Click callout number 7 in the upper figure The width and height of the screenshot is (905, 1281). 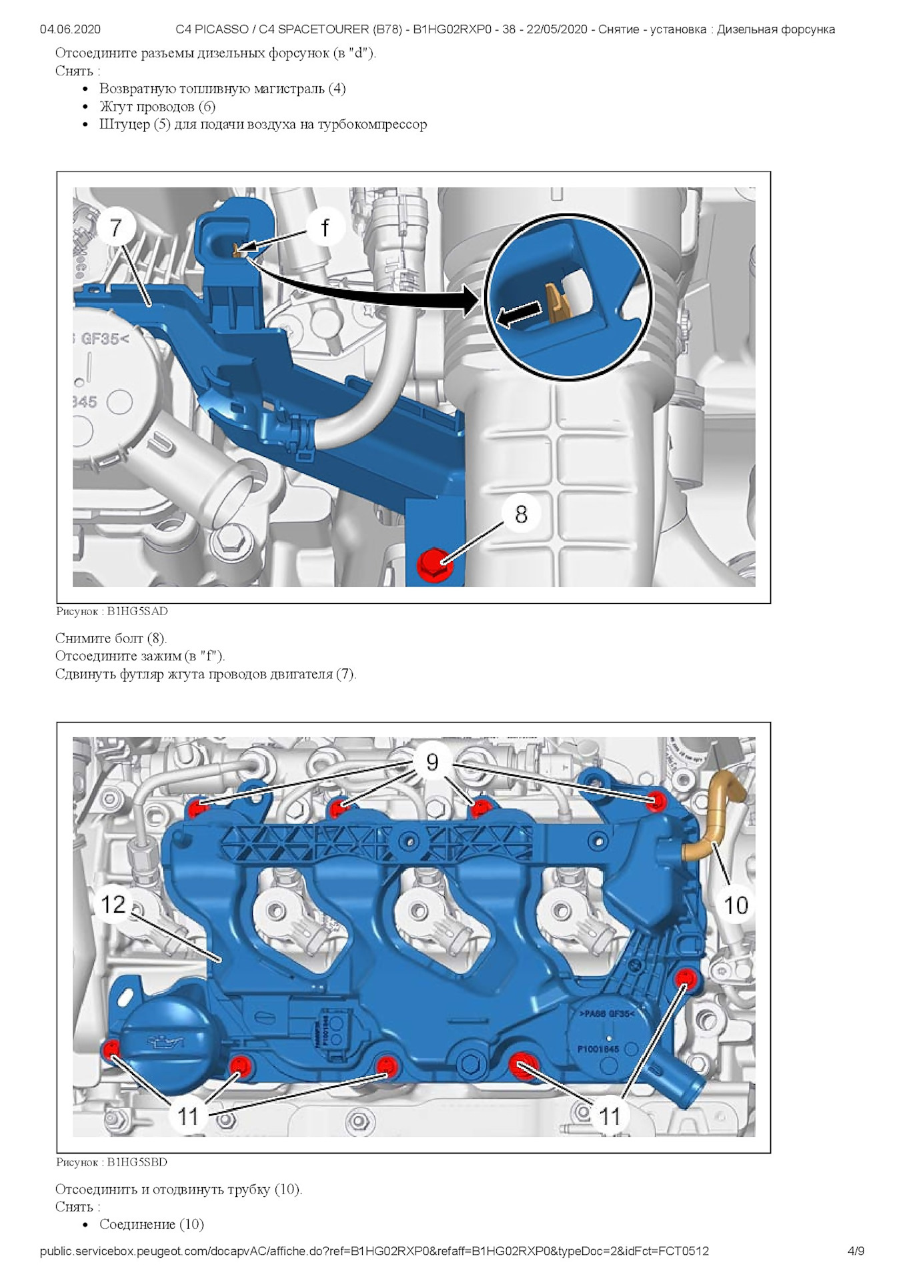click(115, 228)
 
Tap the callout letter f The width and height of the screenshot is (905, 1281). click(325, 228)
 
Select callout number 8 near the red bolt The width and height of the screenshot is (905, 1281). click(521, 514)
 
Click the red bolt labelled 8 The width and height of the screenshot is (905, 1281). click(434, 564)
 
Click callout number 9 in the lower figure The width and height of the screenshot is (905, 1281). click(432, 762)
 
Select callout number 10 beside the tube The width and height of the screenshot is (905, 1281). click(736, 905)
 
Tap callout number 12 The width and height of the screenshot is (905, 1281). click(113, 905)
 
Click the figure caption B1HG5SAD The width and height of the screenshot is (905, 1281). click(111, 611)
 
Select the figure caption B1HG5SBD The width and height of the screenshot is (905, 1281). click(111, 1162)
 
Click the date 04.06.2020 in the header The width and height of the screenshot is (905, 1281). click(70, 29)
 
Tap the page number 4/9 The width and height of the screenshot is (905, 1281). click(856, 1251)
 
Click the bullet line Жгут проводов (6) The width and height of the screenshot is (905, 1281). click(157, 107)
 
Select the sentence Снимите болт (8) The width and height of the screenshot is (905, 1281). click(111, 638)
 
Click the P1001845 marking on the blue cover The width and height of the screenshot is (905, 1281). click(598, 1049)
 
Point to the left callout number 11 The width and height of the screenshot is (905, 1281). click(188, 1116)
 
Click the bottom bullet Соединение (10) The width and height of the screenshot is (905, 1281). click(151, 1224)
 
